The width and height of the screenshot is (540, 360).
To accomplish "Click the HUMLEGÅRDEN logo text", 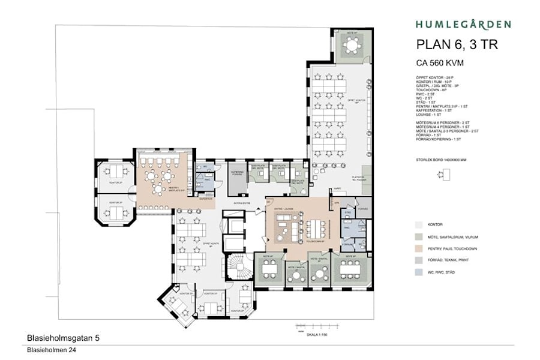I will tap(463, 25).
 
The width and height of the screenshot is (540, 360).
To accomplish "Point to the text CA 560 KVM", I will tap(443, 62).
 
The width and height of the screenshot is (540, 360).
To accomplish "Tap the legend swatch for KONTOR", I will tap(420, 223).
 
